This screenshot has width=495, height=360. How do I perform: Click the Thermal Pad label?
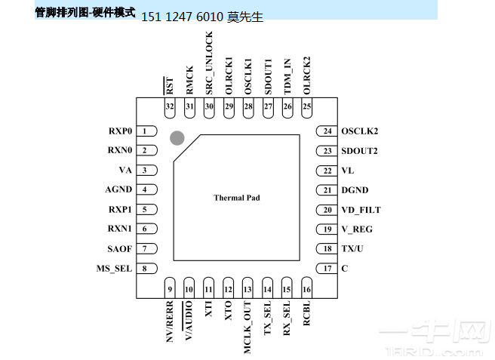pos(236,198)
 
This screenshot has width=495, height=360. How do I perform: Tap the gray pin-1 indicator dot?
pos(177,137)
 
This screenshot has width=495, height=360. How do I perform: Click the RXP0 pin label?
pos(120,131)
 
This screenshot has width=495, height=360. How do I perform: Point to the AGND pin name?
pos(118,190)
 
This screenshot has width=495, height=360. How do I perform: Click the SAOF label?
pos(119,248)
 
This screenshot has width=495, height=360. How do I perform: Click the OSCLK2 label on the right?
pos(360,131)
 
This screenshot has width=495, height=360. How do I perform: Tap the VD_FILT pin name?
pos(361,210)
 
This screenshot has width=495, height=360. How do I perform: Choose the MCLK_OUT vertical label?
pos(248,328)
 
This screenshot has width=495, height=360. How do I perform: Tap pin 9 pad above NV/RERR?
pos(170,289)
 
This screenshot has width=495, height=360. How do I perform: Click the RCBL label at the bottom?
pos(306,315)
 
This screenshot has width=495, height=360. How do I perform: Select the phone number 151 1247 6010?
pos(182,17)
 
